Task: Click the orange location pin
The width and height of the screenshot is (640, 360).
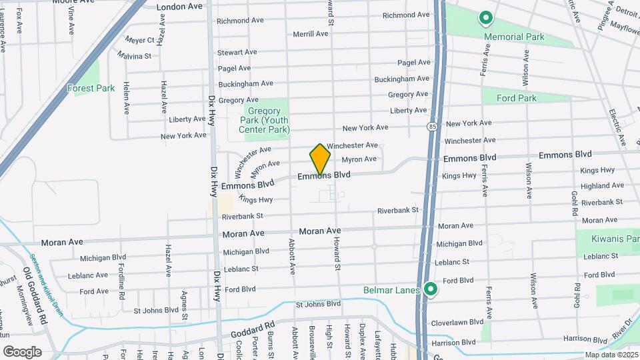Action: point(320,159)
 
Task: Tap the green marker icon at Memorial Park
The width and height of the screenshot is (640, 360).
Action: point(486,18)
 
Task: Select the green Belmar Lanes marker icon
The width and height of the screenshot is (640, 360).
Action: point(431,289)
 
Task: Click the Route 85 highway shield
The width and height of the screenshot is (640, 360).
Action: point(433,125)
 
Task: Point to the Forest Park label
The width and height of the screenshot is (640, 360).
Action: point(91,88)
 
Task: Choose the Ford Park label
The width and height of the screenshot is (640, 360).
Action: point(517,98)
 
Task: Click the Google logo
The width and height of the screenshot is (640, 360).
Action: point(22,351)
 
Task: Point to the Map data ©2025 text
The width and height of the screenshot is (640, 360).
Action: point(611,355)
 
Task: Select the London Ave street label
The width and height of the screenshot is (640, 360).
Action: point(179,7)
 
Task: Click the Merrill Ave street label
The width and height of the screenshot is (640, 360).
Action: point(311,34)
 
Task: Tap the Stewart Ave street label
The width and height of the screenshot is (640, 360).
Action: point(237,52)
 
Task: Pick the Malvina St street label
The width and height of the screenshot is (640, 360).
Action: point(135,56)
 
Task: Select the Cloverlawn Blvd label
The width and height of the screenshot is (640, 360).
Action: point(457,322)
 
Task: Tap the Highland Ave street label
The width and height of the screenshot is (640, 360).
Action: point(601,186)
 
